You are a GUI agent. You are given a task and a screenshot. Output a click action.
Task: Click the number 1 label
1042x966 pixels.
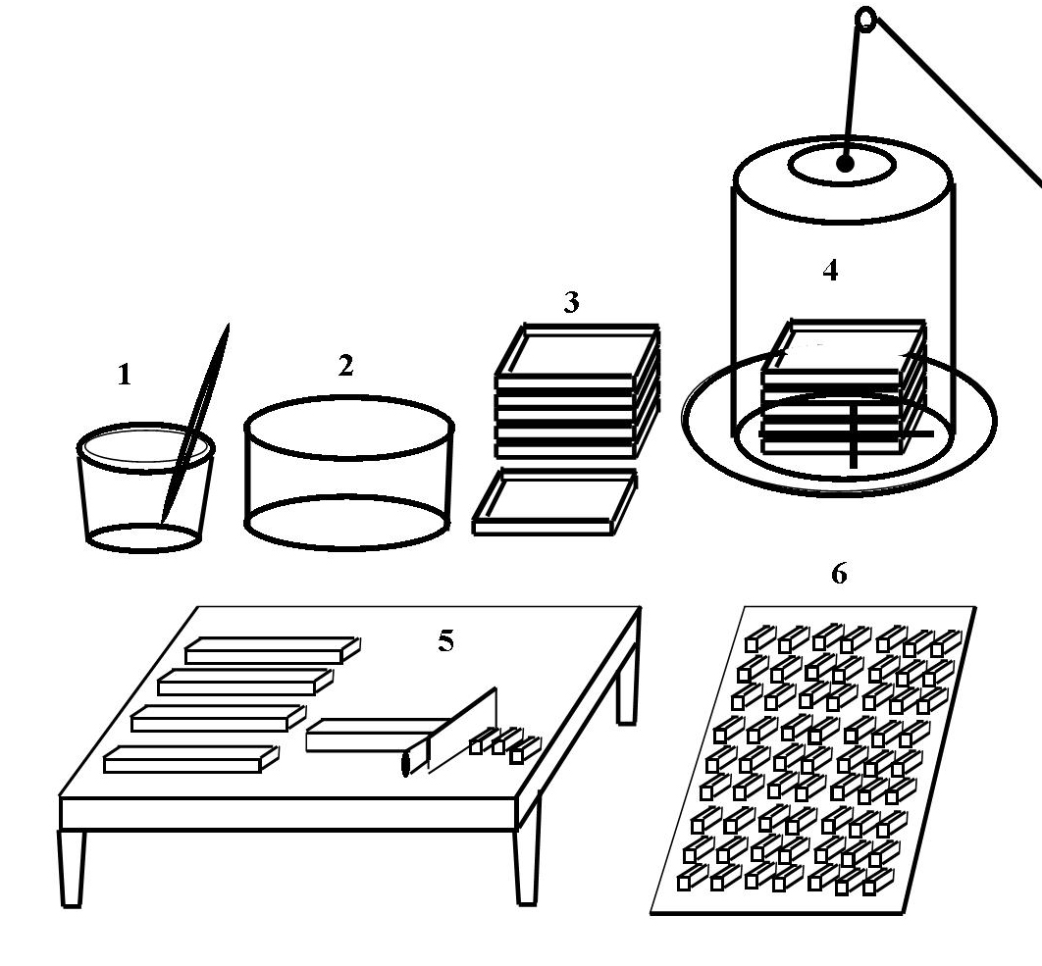pos(125,376)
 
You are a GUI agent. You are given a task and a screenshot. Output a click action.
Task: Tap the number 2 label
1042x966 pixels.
pos(345,366)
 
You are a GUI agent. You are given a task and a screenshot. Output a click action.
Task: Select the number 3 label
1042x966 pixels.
pos(571,302)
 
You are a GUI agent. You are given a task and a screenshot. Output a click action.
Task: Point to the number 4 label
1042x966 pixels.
pos(830,271)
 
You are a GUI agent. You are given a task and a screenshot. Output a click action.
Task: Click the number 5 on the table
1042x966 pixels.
pos(445,640)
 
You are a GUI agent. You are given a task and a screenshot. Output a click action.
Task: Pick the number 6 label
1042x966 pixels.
pos(839,574)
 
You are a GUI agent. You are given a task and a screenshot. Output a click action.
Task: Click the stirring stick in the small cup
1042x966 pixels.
pos(195,423)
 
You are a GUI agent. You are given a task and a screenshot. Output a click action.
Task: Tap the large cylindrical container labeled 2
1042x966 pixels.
pos(349,473)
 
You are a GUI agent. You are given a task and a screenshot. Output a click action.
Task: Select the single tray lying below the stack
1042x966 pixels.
pos(554,501)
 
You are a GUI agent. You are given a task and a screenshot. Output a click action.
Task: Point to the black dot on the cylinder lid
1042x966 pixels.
pos(845,163)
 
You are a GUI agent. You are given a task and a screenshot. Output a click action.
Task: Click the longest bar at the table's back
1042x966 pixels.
pos(273,650)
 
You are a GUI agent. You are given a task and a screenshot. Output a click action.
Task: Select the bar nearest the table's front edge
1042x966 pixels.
pos(191,759)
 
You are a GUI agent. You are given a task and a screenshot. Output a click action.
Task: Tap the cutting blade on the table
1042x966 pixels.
pos(462,730)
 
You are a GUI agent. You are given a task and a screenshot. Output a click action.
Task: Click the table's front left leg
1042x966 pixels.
pos(72,868)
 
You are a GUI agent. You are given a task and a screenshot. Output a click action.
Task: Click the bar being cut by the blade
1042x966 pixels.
pos(370,736)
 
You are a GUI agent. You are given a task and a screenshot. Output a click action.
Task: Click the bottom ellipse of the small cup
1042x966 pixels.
pos(143,537)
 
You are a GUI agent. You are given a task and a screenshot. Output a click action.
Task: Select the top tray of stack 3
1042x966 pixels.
pos(577,355)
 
